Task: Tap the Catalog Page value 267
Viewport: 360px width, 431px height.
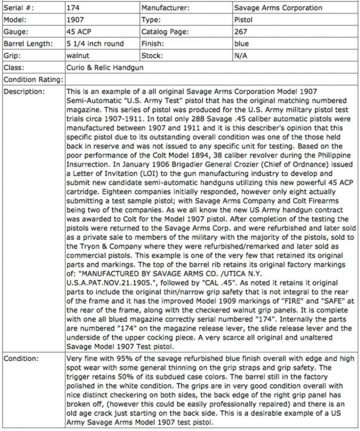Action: (x=241, y=32)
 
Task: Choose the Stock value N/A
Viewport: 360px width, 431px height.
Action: (x=241, y=56)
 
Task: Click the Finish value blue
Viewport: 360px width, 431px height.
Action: (x=241, y=44)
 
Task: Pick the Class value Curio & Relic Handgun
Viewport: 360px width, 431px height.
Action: (x=105, y=68)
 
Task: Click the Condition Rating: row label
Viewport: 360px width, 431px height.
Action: (x=33, y=80)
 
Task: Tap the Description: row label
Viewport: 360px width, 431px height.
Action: (x=24, y=91)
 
